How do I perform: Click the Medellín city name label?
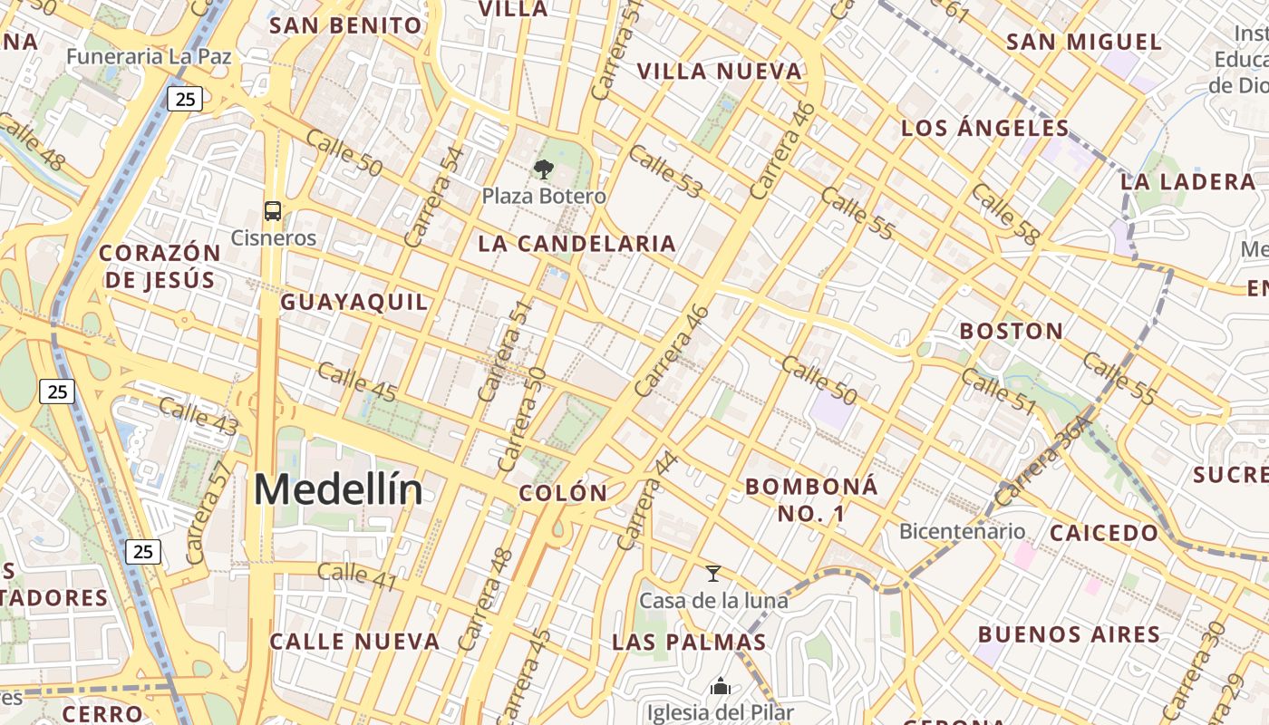coord(337,490)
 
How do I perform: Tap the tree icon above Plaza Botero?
coord(544,169)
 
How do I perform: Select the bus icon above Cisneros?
coord(272,211)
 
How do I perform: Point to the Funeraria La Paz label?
coord(149,56)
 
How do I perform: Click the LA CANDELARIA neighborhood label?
coord(576,243)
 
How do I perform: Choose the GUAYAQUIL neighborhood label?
coord(354,302)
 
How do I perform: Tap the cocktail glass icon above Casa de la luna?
coord(713,574)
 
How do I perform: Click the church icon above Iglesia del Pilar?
coord(721,687)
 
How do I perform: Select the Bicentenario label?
coord(962,531)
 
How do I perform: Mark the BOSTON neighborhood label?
coord(1012,331)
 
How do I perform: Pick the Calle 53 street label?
coord(665,171)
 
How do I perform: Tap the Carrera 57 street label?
coord(208,512)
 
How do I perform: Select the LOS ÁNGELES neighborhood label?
coord(985,128)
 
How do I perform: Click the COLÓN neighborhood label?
coord(563,493)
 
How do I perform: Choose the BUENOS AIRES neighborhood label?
coord(1069,633)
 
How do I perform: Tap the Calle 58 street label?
coord(1004,214)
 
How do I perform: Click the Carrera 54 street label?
coord(434,197)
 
